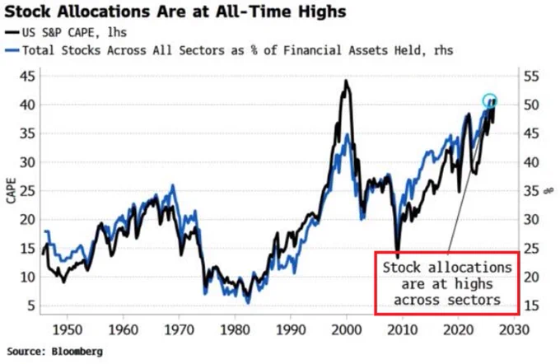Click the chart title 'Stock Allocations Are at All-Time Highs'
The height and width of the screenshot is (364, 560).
(x=175, y=12)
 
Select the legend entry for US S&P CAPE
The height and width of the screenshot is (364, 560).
(x=66, y=32)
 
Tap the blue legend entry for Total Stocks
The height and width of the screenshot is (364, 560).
(x=229, y=50)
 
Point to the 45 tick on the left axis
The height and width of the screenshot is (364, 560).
(x=27, y=76)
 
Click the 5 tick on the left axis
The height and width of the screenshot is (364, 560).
(x=31, y=306)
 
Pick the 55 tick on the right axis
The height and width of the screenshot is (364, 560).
(x=531, y=76)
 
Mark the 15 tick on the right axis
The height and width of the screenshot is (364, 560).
(x=531, y=306)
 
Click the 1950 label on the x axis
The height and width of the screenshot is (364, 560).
(x=68, y=329)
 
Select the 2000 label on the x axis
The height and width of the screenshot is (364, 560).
(x=347, y=329)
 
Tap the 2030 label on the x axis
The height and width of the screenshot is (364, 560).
(x=514, y=329)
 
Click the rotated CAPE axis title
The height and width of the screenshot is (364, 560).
(x=11, y=191)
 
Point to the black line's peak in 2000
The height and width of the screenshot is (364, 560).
(x=346, y=81)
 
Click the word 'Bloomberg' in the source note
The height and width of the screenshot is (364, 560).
(x=77, y=352)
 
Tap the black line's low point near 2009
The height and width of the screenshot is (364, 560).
(x=398, y=257)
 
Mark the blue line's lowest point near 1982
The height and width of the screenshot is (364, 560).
(x=248, y=302)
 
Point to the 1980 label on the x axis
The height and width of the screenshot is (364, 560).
(x=235, y=329)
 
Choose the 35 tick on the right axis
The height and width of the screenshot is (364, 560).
(x=531, y=191)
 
